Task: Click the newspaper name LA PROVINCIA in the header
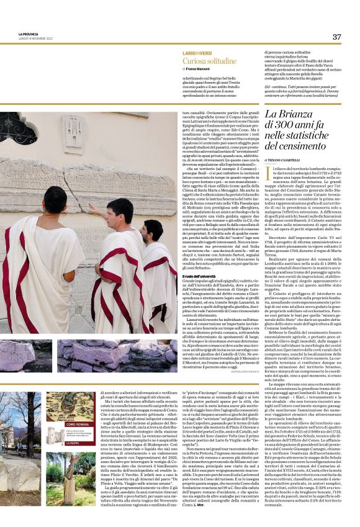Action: (29, 34)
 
